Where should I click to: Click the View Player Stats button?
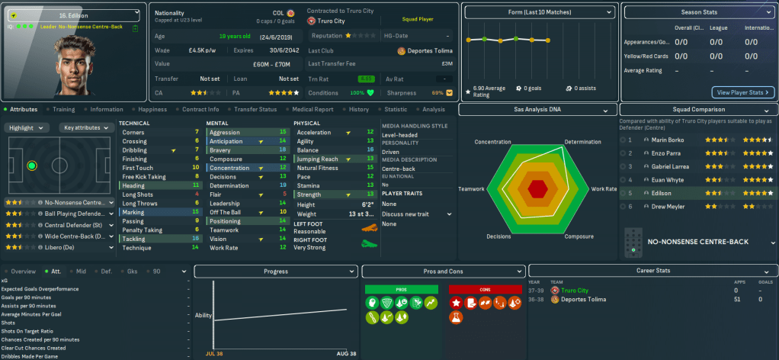click(x=743, y=92)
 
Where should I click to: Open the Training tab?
click(x=63, y=109)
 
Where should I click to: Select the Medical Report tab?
click(x=313, y=109)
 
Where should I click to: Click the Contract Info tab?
click(x=200, y=109)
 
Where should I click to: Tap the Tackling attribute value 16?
click(x=197, y=239)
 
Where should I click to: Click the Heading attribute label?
click(x=133, y=185)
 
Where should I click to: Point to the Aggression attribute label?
click(x=225, y=132)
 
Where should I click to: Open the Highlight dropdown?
click(x=29, y=127)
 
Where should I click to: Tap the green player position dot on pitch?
click(x=31, y=165)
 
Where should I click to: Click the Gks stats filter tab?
click(x=133, y=271)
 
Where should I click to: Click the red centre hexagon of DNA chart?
click(x=538, y=188)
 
